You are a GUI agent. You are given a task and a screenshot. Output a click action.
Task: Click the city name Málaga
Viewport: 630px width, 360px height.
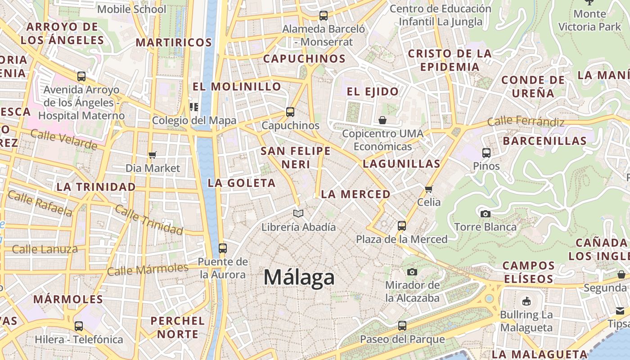point(299,277)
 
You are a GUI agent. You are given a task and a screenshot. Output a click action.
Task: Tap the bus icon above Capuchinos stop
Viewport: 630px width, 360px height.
point(290,112)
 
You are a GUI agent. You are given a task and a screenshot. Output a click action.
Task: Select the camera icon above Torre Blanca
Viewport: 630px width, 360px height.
point(485,214)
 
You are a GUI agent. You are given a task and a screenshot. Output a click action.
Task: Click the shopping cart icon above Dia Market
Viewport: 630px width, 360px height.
point(152,155)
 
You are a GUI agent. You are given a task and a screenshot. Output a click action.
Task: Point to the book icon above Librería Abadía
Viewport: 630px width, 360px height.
point(298,213)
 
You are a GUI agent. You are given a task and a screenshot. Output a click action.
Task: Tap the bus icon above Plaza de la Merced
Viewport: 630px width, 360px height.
point(402,225)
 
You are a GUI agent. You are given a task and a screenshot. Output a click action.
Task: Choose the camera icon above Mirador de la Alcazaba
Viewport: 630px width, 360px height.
point(412,272)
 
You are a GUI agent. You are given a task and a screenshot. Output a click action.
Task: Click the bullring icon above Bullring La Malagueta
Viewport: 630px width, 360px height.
point(526,301)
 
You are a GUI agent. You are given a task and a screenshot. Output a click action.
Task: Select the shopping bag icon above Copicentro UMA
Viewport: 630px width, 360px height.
point(382,120)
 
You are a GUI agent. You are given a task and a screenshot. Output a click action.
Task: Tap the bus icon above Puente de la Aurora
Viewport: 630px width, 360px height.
point(222,248)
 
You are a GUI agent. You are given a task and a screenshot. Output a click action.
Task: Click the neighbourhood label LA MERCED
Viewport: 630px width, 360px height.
point(355,194)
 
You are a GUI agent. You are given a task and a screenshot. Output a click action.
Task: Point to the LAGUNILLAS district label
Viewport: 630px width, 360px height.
point(401,164)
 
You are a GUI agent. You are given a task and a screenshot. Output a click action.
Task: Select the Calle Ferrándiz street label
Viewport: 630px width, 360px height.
point(526,121)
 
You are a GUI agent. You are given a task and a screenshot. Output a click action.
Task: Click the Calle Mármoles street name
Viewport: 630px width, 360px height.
point(148,270)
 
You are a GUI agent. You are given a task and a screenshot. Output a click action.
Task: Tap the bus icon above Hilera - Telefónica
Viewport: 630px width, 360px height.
point(79,326)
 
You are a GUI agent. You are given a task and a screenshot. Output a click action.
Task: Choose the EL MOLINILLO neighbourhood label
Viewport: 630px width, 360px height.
point(237,86)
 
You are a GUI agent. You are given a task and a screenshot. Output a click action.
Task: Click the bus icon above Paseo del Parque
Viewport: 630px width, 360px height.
point(402,325)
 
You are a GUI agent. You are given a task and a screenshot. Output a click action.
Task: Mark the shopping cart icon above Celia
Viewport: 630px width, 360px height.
point(428,189)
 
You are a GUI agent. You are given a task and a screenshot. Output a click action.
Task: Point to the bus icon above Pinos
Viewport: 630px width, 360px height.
point(486,153)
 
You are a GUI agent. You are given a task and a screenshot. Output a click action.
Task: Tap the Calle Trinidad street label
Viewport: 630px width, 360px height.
point(149,220)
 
